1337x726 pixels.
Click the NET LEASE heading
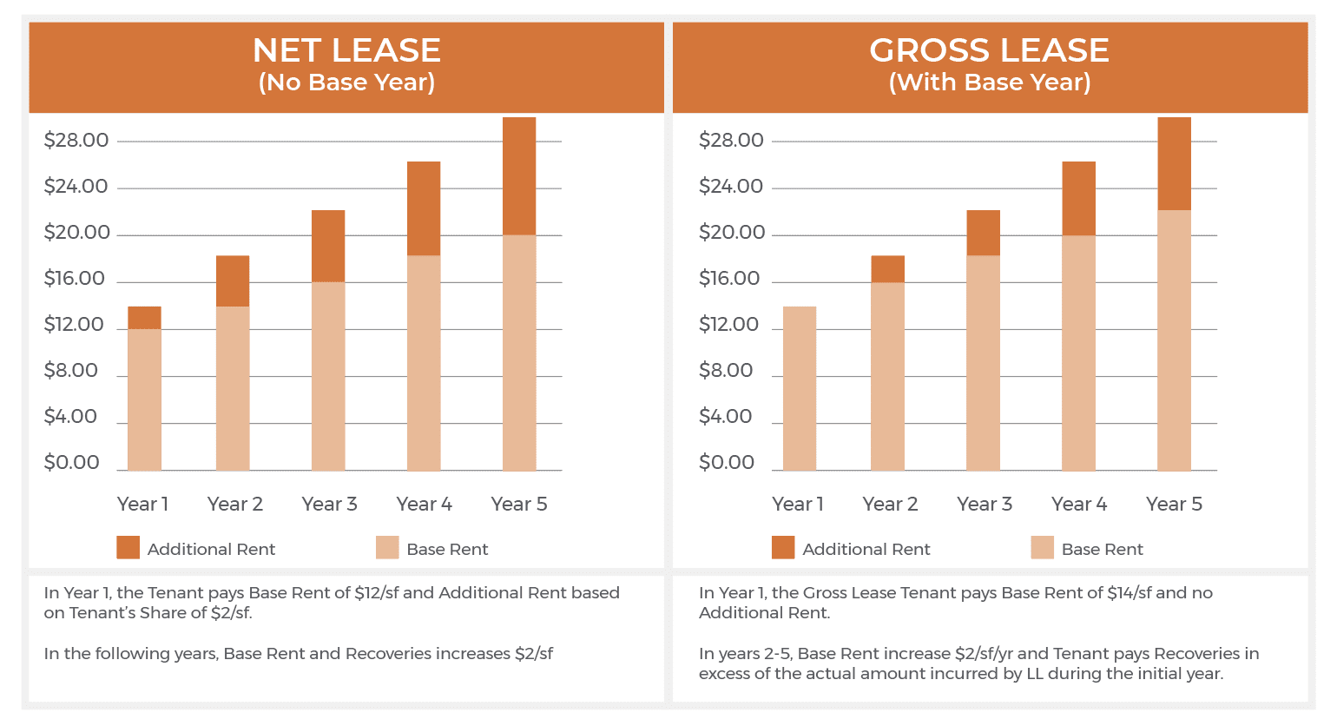coord(346,50)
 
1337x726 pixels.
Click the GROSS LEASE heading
coord(989,50)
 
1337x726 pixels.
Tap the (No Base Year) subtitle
coord(346,82)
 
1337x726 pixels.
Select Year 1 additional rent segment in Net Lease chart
coord(144,318)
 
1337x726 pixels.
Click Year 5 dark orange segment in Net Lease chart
coord(519,176)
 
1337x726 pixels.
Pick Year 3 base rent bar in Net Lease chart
coord(328,375)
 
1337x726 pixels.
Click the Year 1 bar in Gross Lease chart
coord(799,388)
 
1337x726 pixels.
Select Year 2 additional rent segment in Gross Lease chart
coord(887,269)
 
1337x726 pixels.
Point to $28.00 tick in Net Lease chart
coord(76,141)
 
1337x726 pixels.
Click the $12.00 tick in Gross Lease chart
coord(731,325)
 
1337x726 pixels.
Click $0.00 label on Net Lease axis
coord(72,463)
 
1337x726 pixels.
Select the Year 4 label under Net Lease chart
coord(424,505)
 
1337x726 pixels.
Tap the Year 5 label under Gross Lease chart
coord(1174,505)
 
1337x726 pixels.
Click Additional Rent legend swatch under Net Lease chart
coord(128,548)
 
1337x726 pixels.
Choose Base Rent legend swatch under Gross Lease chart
coord(1042,548)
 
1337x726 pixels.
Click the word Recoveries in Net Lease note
coord(390,654)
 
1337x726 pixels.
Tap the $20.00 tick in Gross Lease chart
coord(731,233)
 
